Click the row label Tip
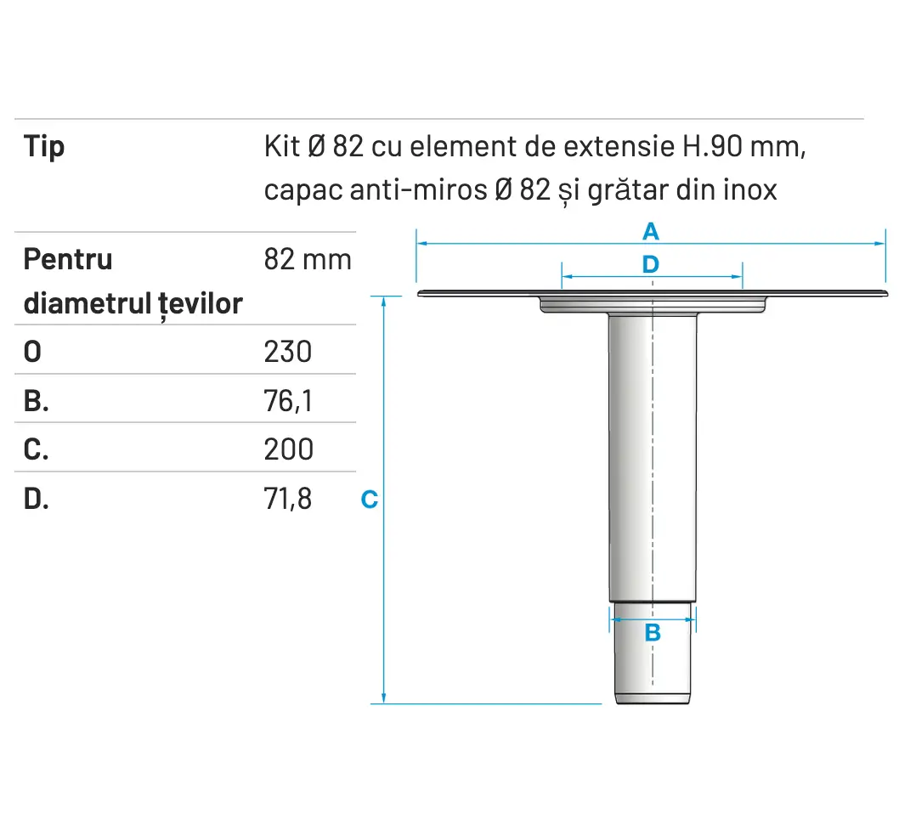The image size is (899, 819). [44, 147]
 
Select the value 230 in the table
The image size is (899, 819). [288, 351]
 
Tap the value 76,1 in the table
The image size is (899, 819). [288, 400]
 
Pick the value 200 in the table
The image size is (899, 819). [288, 449]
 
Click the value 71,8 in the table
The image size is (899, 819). [288, 499]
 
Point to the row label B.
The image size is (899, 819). [36, 400]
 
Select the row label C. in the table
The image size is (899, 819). [36, 449]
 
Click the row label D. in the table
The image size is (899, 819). [36, 499]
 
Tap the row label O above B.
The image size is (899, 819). [32, 351]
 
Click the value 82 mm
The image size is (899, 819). [308, 259]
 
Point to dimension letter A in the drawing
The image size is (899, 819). [650, 230]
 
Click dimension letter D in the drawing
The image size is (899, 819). [650, 264]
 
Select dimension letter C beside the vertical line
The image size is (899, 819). [369, 500]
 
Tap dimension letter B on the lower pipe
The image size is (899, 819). [652, 632]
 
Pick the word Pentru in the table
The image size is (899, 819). [68, 259]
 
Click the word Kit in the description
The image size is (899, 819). [281, 147]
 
